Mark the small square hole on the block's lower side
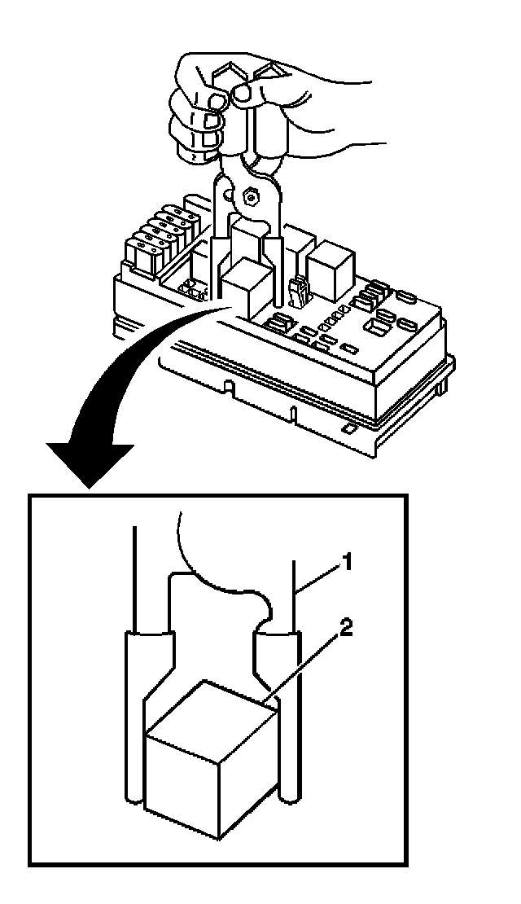[x=348, y=427]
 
